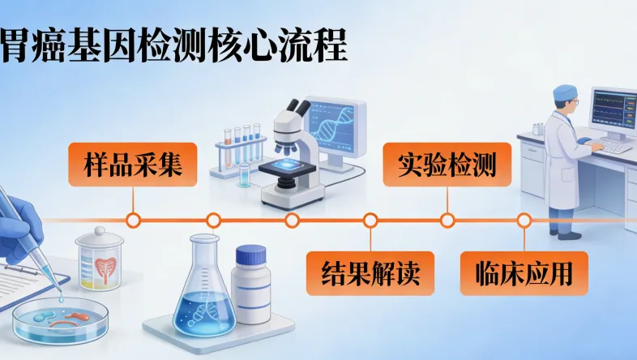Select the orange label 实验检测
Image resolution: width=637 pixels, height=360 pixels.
click(447, 164)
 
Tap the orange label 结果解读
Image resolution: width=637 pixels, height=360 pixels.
click(370, 272)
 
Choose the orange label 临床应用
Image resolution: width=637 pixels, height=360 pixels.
click(523, 272)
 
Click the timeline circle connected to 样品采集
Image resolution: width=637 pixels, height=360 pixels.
click(134, 220)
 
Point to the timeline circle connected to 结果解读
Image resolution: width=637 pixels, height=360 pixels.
click(370, 220)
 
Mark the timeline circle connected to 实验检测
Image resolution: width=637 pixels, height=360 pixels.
click(447, 220)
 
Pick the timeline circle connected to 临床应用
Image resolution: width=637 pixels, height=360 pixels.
click(524, 220)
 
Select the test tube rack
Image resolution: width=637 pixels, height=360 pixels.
click(240, 150)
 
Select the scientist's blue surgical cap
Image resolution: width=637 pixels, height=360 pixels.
click(565, 96)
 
